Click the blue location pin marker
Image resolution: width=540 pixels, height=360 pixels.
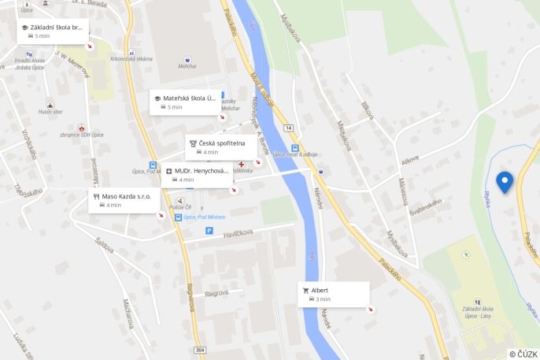pyautogui.click(x=504, y=182)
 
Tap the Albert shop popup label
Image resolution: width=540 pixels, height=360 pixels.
pyautogui.click(x=334, y=294)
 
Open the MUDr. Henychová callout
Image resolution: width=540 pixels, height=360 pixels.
pyautogui.click(x=197, y=174)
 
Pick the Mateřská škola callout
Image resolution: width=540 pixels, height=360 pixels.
pyautogui.click(x=184, y=102)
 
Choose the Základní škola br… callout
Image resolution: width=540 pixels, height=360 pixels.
pyautogui.click(x=52, y=31)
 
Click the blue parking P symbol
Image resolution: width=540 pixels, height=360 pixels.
pyautogui.click(x=209, y=230)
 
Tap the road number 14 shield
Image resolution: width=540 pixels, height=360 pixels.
pyautogui.click(x=289, y=127)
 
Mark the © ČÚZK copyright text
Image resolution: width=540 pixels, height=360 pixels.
pyautogui.click(x=523, y=354)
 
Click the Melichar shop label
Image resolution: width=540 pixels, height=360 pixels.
pyautogui.click(x=187, y=66)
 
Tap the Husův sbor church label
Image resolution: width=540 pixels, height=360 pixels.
pyautogui.click(x=50, y=112)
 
